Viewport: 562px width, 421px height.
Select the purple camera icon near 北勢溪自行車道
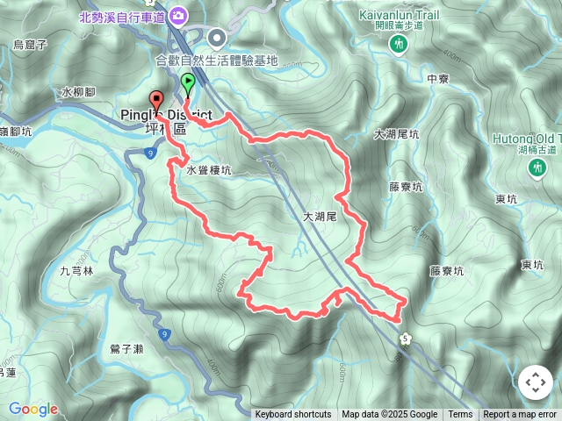tap(179, 15)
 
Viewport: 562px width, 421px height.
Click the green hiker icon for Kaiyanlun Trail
tap(400, 43)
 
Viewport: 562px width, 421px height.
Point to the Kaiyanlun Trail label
tap(400, 15)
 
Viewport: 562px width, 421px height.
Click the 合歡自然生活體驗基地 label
tap(216, 61)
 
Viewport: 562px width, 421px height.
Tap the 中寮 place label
tap(437, 79)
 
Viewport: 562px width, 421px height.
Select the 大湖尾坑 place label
tap(396, 134)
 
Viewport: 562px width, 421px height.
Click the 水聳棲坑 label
tap(208, 172)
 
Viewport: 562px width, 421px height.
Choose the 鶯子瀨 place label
tap(126, 349)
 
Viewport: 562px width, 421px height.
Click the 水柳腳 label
tap(77, 91)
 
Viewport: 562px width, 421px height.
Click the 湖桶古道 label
tap(533, 150)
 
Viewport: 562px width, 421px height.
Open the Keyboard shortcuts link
tap(293, 415)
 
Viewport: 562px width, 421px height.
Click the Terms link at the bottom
tap(460, 415)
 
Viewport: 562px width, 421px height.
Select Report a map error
tap(520, 415)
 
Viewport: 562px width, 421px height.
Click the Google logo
tap(33, 409)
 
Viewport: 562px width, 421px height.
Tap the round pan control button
tap(535, 382)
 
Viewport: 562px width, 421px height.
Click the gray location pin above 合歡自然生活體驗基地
tap(216, 37)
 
